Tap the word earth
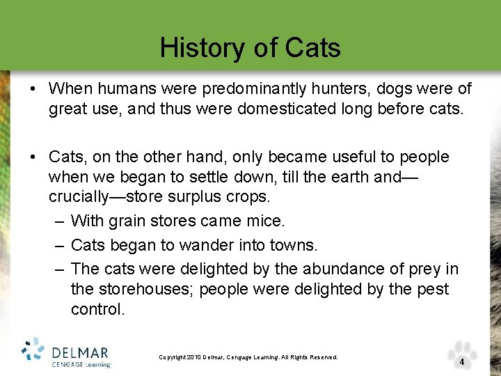346,177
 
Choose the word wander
203,245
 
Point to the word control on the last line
97,309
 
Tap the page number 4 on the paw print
462,362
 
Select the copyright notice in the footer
248,357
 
